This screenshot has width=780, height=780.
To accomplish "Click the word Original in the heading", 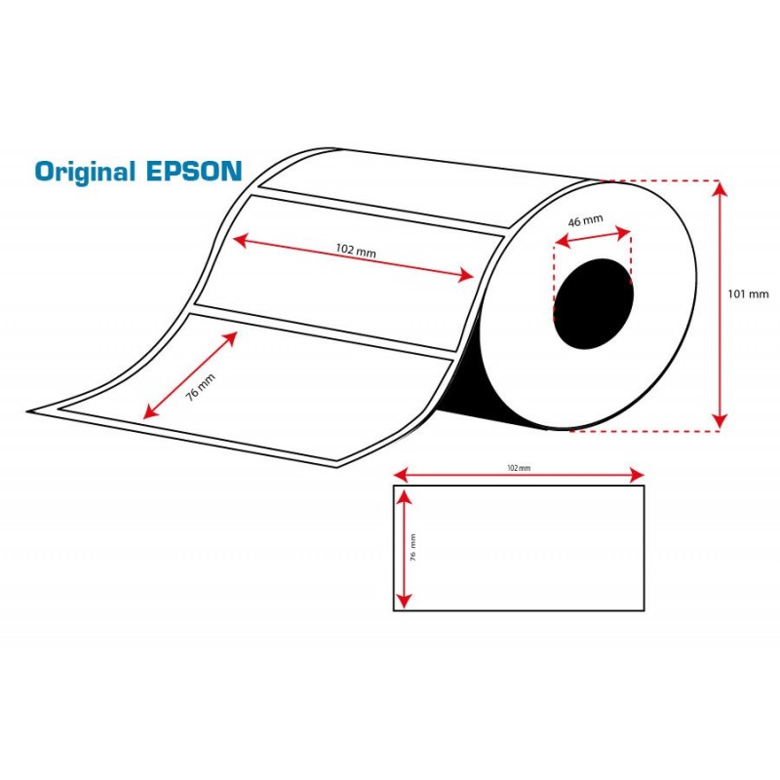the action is (x=85, y=173).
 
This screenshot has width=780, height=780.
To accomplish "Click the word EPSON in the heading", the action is (x=194, y=171).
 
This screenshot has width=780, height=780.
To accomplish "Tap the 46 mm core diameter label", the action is (x=586, y=220).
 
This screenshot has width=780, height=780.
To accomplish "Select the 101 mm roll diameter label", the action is (x=748, y=294).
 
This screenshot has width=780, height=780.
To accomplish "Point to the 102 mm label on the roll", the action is (x=356, y=250).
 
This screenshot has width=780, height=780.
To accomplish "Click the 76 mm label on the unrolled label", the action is (x=201, y=387).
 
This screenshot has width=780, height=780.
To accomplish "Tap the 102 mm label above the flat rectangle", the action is (x=519, y=468).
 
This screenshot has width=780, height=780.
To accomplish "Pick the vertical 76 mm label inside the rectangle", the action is (x=412, y=547).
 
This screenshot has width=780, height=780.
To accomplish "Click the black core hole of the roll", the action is (x=594, y=303).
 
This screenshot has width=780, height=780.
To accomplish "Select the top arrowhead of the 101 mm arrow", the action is (x=720, y=188).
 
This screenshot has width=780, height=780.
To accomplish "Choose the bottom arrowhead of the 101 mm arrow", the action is (x=720, y=422).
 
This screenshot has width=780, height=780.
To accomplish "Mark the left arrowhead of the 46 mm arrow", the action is (x=563, y=242).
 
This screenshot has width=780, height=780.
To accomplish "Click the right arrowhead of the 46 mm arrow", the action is (x=623, y=232).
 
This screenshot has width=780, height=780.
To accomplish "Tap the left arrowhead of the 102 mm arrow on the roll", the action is (x=240, y=241).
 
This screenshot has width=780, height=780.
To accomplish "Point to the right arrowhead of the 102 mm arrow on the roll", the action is (x=466, y=275).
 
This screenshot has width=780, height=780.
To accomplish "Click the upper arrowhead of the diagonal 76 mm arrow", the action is (x=230, y=338).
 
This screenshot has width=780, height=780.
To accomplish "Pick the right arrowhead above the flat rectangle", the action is (x=637, y=475).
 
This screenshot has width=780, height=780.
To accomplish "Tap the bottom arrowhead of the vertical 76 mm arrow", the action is (x=405, y=602).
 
